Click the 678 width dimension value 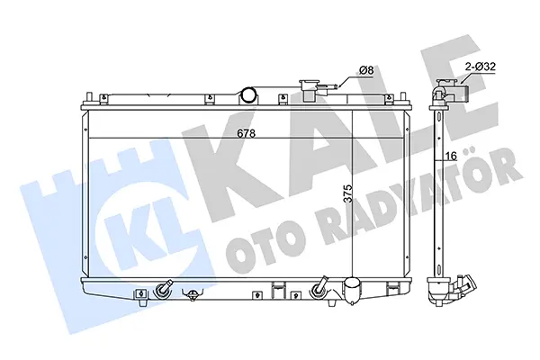point(247,133)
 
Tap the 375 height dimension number point(348,193)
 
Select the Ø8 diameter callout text point(366,70)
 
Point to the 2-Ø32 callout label point(481,66)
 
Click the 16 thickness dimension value point(451,156)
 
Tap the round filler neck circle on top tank point(248,94)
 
